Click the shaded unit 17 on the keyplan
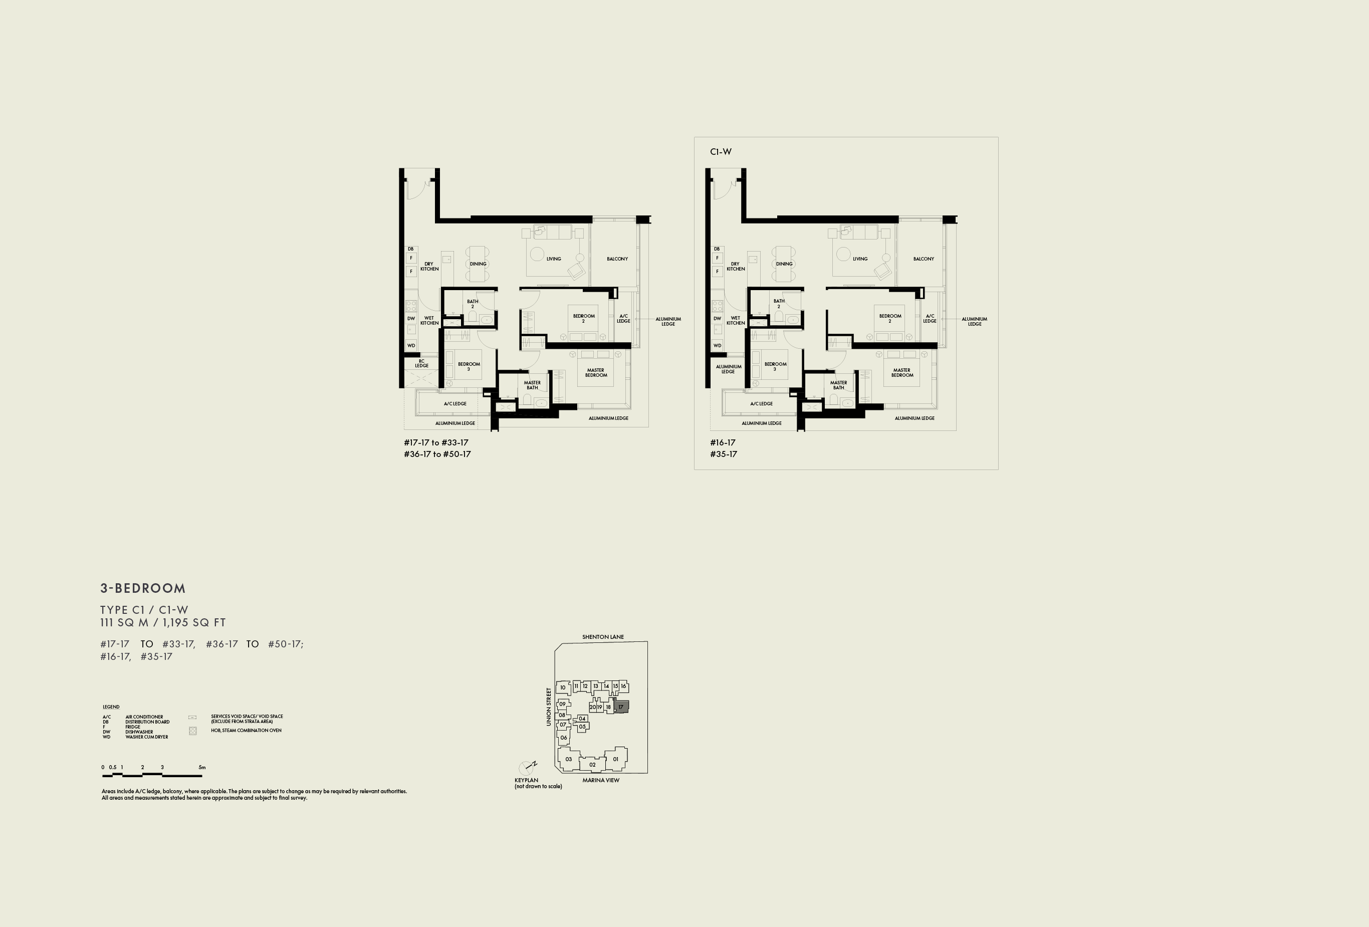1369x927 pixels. tap(621, 707)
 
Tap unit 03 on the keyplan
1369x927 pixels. tap(568, 759)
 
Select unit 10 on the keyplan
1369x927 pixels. tap(563, 687)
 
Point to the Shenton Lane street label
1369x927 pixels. tap(603, 637)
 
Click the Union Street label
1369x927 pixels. tap(548, 707)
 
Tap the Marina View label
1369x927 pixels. tap(601, 780)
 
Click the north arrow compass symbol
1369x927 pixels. tap(527, 767)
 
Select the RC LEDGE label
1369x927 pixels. tap(422, 363)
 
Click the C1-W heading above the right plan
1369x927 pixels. tap(721, 152)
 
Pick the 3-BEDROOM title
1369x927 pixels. tap(143, 588)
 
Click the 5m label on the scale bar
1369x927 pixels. tap(202, 767)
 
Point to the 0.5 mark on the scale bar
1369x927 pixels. tap(113, 767)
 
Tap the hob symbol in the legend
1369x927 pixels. tap(192, 731)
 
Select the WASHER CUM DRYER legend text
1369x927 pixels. tap(147, 737)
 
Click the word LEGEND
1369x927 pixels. tap(111, 707)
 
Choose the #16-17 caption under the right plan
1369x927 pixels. tap(723, 442)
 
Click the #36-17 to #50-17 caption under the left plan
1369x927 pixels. tap(437, 454)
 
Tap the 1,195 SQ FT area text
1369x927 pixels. tap(194, 622)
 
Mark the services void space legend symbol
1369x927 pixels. tap(192, 718)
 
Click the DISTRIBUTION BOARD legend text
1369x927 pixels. tap(147, 722)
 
